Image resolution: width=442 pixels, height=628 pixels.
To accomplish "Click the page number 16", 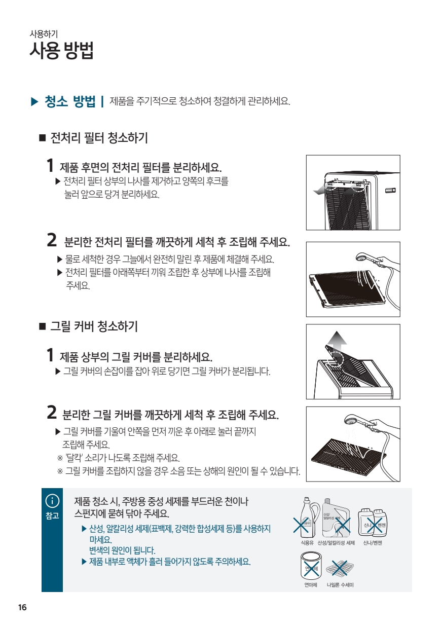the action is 22,608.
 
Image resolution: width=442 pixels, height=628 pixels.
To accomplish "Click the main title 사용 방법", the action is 61,51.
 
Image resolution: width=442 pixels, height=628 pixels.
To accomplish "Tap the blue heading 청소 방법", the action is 70,101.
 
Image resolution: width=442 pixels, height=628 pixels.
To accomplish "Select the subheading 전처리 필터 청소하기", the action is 99,138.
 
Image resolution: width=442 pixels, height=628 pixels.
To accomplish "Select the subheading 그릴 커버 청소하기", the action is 94,326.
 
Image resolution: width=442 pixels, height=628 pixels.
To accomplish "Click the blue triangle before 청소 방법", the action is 34,101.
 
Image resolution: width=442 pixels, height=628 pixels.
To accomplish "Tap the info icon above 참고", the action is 52,501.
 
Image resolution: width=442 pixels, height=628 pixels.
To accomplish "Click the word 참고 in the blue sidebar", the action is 52,515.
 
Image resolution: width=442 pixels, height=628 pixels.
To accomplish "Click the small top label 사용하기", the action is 44,34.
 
